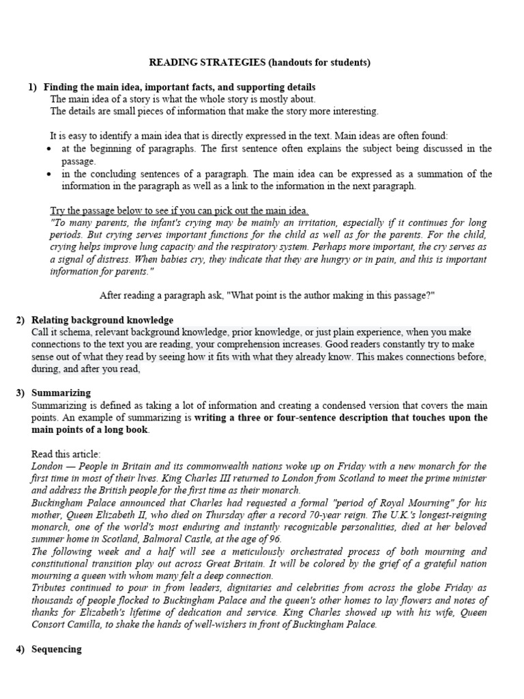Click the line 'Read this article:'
tap(66, 454)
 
